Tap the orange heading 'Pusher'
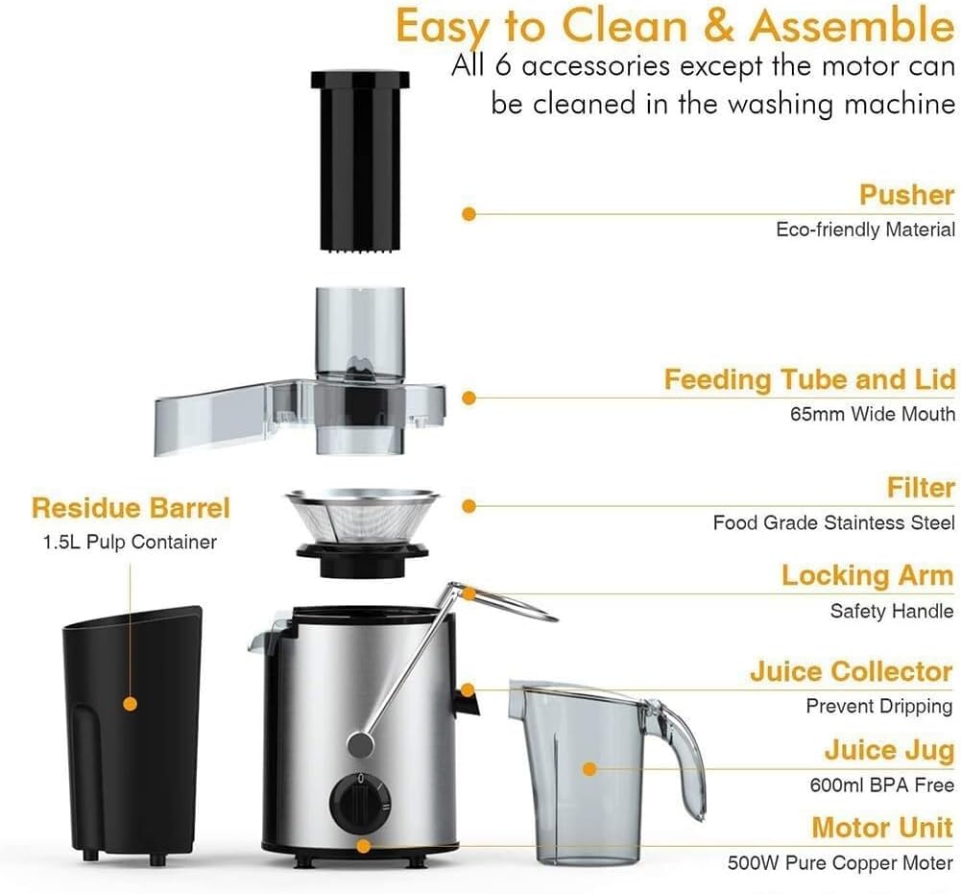tap(906, 196)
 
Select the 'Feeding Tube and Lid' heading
tap(809, 379)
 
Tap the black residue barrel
tap(132, 730)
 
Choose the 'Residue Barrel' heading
tap(131, 507)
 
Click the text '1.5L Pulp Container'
tap(130, 543)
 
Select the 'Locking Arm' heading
tap(867, 576)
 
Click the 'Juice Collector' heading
tap(851, 671)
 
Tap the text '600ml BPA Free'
tap(879, 785)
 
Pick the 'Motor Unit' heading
tap(881, 828)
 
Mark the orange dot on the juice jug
tap(590, 768)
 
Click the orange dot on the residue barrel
tap(131, 704)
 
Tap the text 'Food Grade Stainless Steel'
tap(833, 523)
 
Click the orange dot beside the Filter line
tap(468, 506)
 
